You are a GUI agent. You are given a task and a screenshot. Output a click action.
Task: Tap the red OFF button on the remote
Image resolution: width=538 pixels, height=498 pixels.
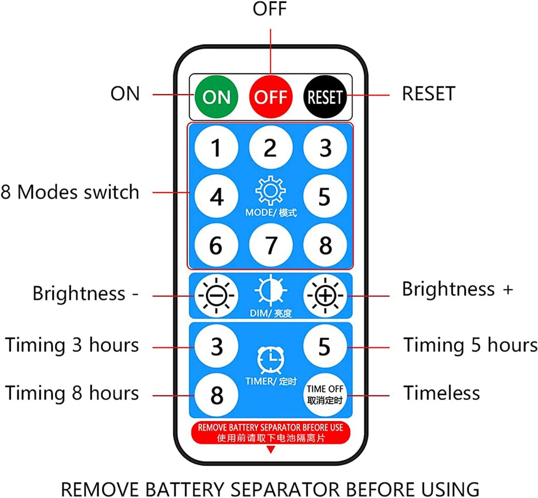pyautogui.click(x=270, y=97)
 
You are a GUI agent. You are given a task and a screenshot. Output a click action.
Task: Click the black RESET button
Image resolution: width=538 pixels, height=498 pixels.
pyautogui.click(x=325, y=97)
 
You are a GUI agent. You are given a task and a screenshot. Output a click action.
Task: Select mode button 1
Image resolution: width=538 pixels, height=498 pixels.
pyautogui.click(x=216, y=147)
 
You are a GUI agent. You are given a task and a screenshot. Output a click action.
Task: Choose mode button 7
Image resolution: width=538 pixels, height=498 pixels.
pyautogui.click(x=270, y=245)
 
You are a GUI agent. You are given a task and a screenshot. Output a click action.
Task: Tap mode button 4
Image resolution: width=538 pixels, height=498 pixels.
pyautogui.click(x=216, y=196)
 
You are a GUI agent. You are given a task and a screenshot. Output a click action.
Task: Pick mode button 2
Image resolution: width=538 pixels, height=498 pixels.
pyautogui.click(x=270, y=147)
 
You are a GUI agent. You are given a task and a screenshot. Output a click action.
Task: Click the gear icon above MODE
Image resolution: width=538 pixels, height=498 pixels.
pyautogui.click(x=270, y=191)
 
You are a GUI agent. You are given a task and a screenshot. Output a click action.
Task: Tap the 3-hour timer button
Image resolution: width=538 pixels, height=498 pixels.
pyautogui.click(x=216, y=346)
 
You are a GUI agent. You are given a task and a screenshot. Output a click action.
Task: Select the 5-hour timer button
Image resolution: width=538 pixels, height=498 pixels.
pyautogui.click(x=325, y=346)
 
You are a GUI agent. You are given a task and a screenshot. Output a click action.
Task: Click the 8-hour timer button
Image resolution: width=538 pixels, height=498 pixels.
pyautogui.click(x=216, y=395)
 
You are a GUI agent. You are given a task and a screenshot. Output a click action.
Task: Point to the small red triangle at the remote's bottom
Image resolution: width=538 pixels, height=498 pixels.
pyautogui.click(x=270, y=449)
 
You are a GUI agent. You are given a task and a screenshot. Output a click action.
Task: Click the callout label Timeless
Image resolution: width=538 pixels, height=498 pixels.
pyautogui.click(x=441, y=393)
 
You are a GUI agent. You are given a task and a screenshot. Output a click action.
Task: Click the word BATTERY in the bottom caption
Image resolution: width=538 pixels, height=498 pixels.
pyautogui.click(x=185, y=489)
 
